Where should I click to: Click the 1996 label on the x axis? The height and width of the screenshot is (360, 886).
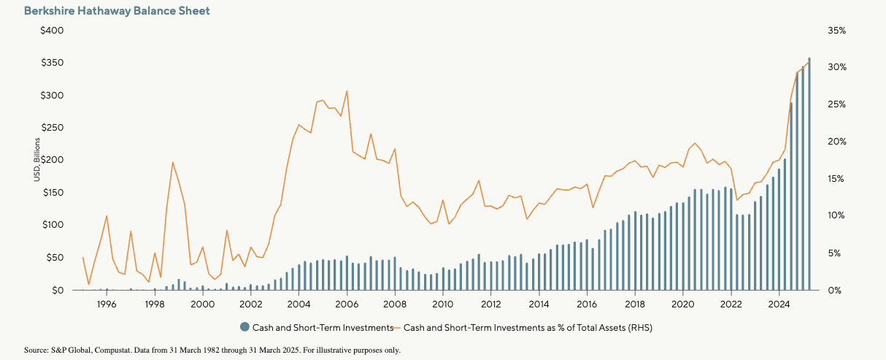coord(107,304)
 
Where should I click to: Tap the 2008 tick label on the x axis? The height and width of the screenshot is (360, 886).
coord(395,304)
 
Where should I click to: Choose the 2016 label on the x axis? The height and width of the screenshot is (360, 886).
coord(587,304)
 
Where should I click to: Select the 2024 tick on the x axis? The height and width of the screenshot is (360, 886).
coord(779,304)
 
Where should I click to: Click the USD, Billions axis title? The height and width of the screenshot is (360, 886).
coord(34,161)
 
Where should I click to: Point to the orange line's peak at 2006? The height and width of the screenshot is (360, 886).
coord(347,91)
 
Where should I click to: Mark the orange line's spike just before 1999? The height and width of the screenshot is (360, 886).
coord(172,163)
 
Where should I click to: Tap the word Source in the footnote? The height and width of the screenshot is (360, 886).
coord(35,351)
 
